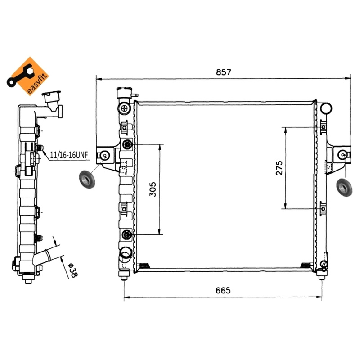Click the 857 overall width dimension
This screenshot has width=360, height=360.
[x=224, y=72]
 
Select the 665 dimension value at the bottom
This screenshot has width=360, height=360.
[x=223, y=290]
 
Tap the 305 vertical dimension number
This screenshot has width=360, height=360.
[x=153, y=189]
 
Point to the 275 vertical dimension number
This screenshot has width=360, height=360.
[x=279, y=168]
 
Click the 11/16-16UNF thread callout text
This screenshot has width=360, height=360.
[x=69, y=155]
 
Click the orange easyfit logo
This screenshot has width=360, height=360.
[x=28, y=76]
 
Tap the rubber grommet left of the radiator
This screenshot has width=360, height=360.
[x=87, y=180]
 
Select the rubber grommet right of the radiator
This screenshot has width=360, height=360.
[x=344, y=187]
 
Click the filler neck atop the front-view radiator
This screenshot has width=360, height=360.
[x=125, y=93]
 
